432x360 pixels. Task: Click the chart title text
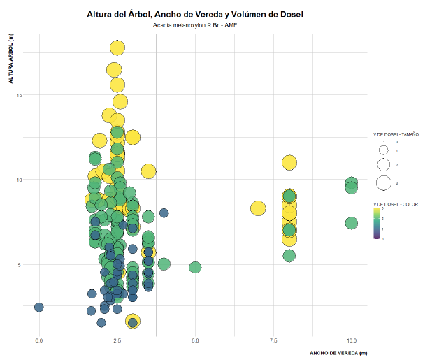click(195, 14)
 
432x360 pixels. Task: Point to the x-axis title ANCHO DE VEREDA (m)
click(338, 354)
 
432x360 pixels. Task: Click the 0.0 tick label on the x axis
click(39, 340)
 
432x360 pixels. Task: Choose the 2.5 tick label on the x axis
click(117, 340)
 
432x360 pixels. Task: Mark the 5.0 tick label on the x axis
click(195, 340)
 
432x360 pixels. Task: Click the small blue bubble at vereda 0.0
click(39, 307)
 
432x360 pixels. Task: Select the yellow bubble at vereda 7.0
click(258, 208)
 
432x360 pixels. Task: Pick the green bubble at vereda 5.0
click(195, 267)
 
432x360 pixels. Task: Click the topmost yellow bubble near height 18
click(117, 48)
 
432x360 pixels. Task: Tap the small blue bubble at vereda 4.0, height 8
click(164, 213)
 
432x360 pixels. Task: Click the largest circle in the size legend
click(383, 183)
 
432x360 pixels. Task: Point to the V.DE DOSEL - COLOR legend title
click(396, 204)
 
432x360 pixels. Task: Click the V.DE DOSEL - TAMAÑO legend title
click(396, 134)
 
